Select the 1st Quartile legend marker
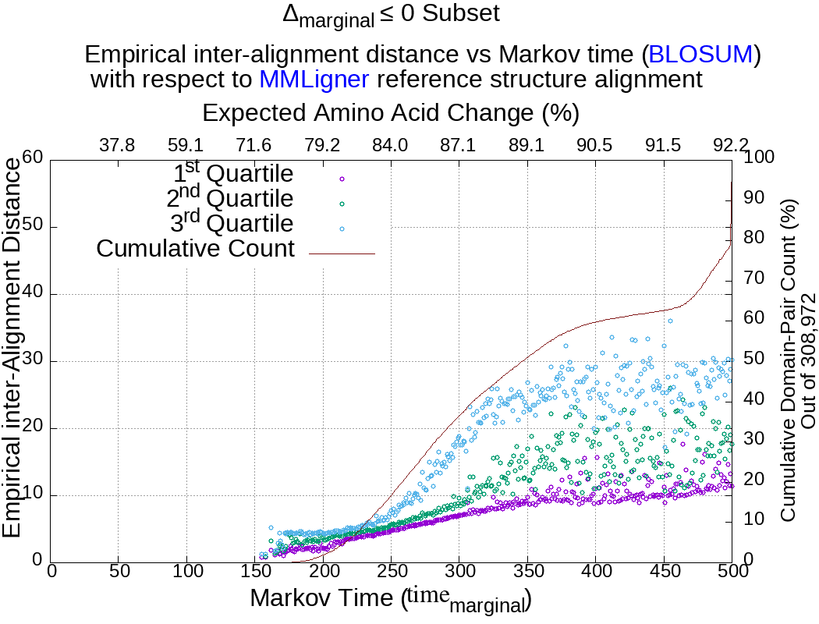click(x=342, y=179)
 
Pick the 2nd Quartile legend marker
click(x=342, y=204)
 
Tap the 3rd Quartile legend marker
click(x=342, y=229)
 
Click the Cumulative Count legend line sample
click(x=342, y=253)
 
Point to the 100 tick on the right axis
click(x=760, y=158)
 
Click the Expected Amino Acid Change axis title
click(x=390, y=114)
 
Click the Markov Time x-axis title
click(x=390, y=599)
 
